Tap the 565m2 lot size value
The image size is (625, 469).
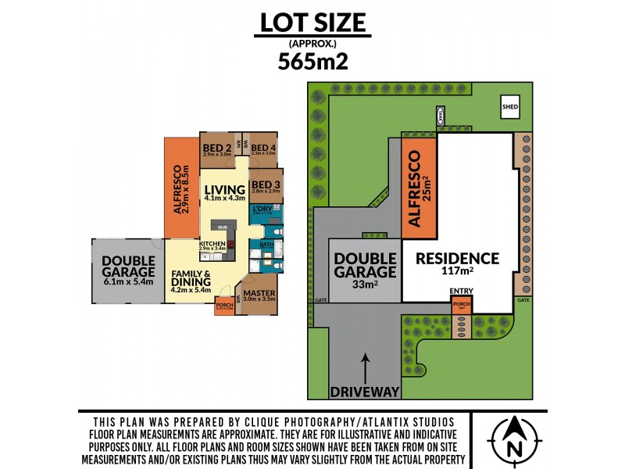pos(312,61)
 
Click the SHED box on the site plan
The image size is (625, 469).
pos(510,108)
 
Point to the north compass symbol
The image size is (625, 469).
pos(513,439)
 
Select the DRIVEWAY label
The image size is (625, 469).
pos(365,391)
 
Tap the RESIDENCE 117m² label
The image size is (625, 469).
pos(457,264)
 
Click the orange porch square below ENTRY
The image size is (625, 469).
pos(462,305)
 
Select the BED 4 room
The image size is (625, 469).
pos(264,149)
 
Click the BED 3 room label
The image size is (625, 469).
pos(266,185)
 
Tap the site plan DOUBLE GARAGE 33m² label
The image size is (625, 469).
pos(365,270)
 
